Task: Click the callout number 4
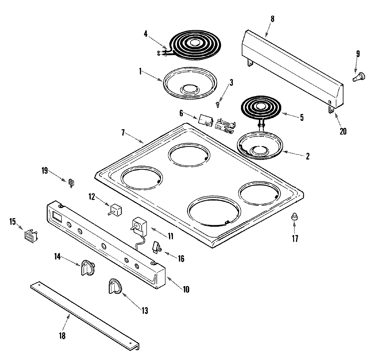(146, 34)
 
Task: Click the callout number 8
(273, 19)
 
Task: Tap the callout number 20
(343, 131)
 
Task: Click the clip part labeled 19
(72, 182)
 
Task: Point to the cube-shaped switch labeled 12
(115, 210)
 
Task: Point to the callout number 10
(186, 289)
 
